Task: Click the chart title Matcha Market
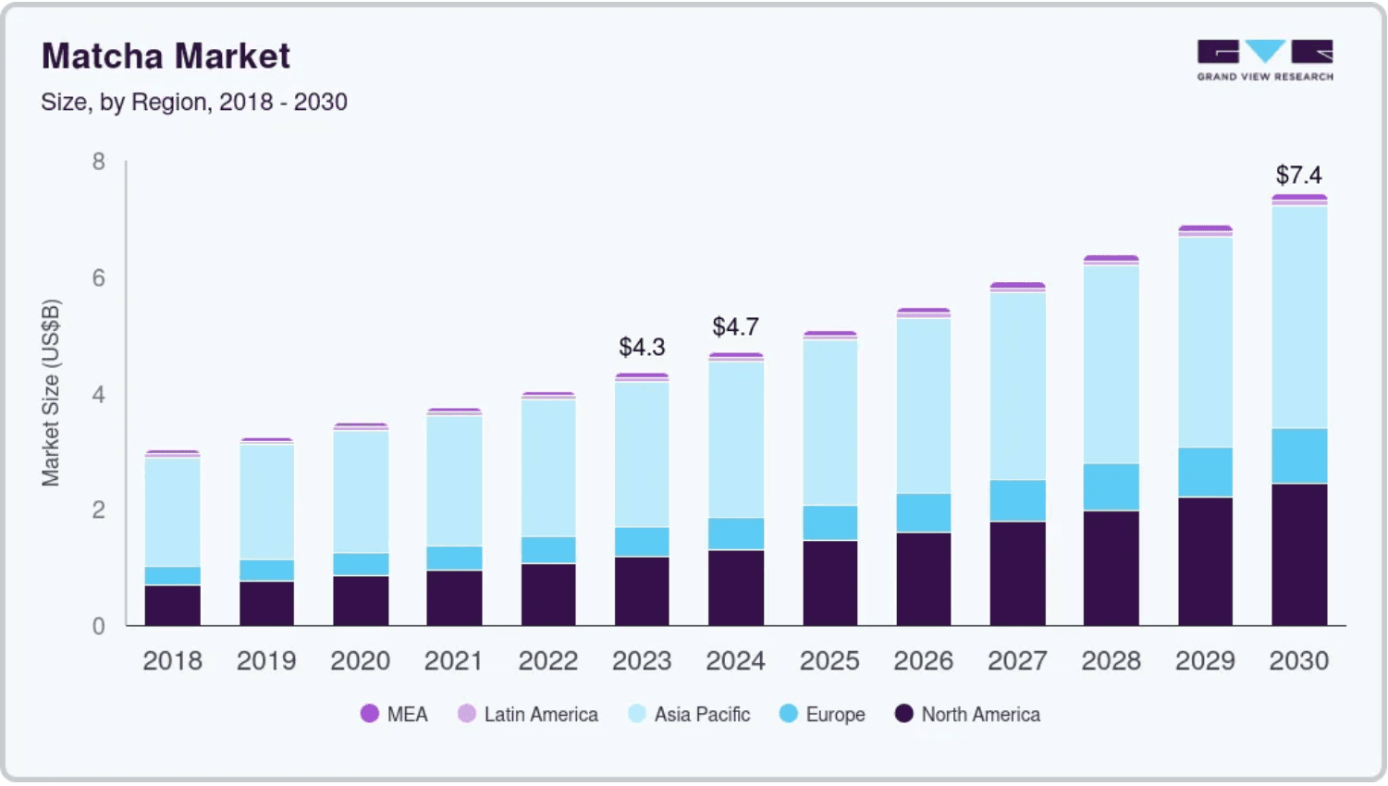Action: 166,55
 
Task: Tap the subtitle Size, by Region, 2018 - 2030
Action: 194,102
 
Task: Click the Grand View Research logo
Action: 1265,60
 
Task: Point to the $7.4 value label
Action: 1299,175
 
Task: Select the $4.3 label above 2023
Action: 642,347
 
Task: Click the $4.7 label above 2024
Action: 735,326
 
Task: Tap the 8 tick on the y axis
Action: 99,162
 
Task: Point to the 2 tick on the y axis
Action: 99,510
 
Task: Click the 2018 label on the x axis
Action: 172,661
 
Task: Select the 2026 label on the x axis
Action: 923,661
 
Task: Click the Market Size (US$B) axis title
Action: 51,393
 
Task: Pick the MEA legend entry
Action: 394,714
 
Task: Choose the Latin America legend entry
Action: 528,714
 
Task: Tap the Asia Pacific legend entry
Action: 689,714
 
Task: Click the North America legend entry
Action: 968,714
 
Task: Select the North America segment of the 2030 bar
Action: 1299,555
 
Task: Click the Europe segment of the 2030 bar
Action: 1299,456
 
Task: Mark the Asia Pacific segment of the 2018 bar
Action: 172,512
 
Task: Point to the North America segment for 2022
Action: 548,595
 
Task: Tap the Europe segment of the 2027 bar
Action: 1017,500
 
